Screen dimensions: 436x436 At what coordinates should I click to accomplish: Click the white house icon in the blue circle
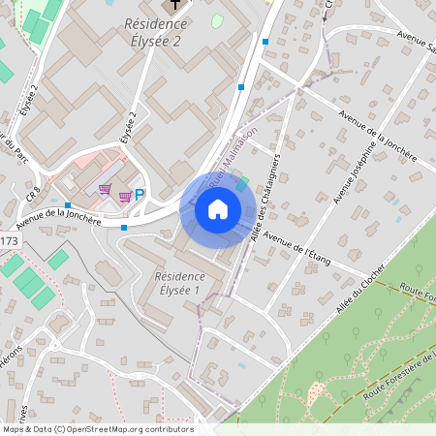coord(218,208)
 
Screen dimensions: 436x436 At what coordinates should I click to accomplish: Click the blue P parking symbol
coord(140,195)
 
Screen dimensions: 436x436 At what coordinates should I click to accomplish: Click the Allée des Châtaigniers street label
coord(265,190)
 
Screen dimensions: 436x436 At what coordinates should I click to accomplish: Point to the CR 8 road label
coord(32,194)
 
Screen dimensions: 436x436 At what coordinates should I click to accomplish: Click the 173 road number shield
coord(9,239)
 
